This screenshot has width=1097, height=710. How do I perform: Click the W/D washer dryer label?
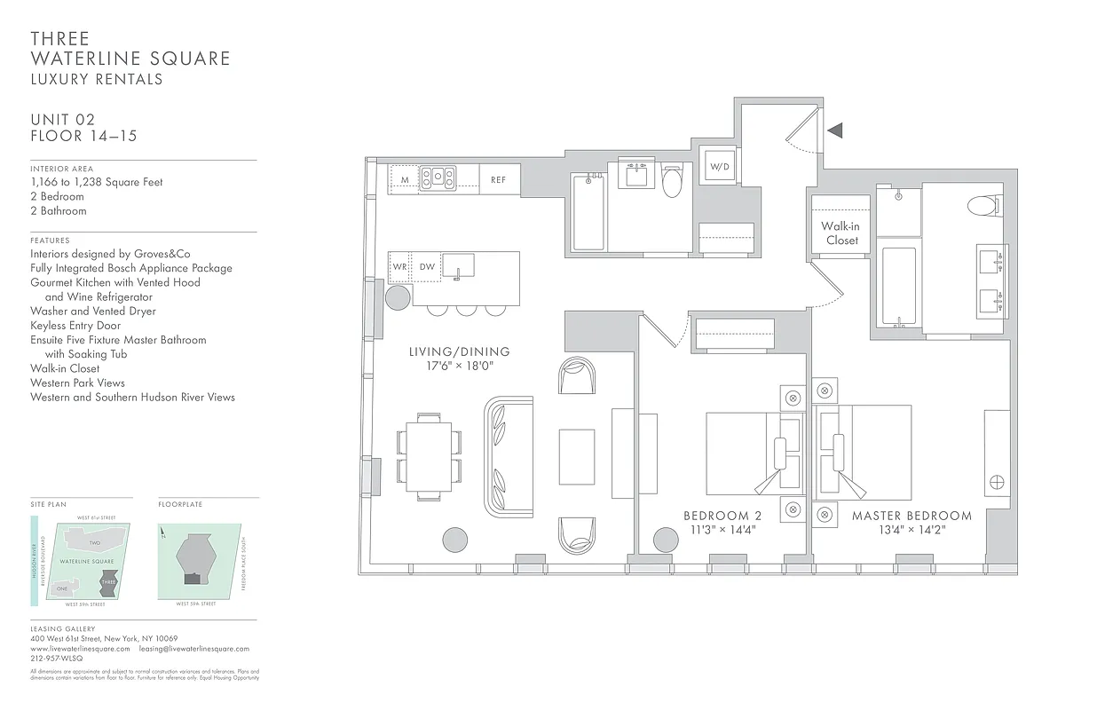(x=720, y=167)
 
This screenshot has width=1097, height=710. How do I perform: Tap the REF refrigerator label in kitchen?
(x=498, y=180)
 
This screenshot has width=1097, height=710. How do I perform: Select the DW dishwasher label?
(x=427, y=266)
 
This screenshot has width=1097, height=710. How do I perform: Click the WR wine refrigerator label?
(x=400, y=266)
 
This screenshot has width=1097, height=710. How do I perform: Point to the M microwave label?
(x=405, y=180)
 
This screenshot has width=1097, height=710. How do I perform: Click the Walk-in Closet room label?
(x=841, y=233)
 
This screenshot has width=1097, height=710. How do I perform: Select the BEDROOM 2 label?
(x=722, y=516)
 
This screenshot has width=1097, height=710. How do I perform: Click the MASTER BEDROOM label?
(x=912, y=516)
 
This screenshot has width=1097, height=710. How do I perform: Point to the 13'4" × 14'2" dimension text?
(x=912, y=531)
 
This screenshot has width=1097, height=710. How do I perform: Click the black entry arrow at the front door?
(x=834, y=130)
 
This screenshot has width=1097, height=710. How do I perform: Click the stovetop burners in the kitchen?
(x=437, y=178)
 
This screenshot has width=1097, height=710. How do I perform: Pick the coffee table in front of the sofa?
(x=576, y=456)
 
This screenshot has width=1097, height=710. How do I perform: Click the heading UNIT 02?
(x=62, y=120)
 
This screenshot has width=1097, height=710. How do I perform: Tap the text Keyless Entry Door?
(x=75, y=326)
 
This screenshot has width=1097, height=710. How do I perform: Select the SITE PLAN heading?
(x=48, y=504)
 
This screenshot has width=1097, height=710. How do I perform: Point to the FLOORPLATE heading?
(x=180, y=504)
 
